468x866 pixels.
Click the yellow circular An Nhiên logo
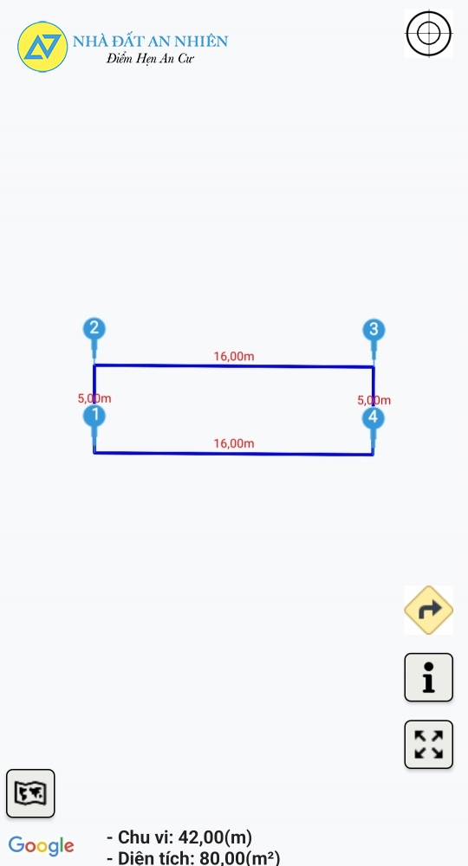pyautogui.click(x=42, y=47)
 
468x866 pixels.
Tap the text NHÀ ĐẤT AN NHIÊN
pyautogui.click(x=150, y=41)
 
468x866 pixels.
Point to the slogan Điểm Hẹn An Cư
pyautogui.click(x=150, y=59)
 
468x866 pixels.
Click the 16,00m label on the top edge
pyautogui.click(x=234, y=356)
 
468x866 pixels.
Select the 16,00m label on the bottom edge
pyautogui.click(x=234, y=443)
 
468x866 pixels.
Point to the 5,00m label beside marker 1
pyautogui.click(x=94, y=398)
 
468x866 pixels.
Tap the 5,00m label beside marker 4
pyautogui.click(x=374, y=400)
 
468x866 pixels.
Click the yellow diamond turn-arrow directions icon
pyautogui.click(x=429, y=610)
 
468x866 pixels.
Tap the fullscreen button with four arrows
pyautogui.click(x=429, y=745)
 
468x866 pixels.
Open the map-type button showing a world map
pyautogui.click(x=30, y=793)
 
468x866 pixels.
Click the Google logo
pyautogui.click(x=42, y=846)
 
